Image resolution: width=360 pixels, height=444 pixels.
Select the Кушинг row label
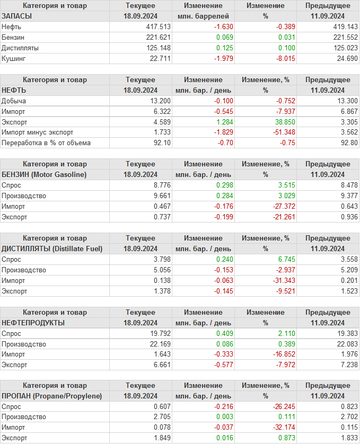pyautogui.click(x=13, y=58)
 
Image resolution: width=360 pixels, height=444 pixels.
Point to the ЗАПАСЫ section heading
pyautogui.click(x=16, y=16)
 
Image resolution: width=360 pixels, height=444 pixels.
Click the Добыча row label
pyautogui.click(x=14, y=101)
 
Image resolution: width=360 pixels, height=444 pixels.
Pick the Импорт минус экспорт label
pyautogui.click(x=37, y=132)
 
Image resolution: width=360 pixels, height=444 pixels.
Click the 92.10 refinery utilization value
pyautogui.click(x=161, y=143)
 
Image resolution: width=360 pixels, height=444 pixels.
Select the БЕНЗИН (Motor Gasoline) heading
pyautogui.click(x=44, y=174)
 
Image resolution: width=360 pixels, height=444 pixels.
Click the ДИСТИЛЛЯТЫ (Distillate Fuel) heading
pyautogui.click(x=52, y=248)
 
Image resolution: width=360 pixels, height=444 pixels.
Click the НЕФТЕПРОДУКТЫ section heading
pyautogui.click(x=33, y=323)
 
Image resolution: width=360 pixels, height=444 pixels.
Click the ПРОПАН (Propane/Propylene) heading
pyautogui.click(x=51, y=396)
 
